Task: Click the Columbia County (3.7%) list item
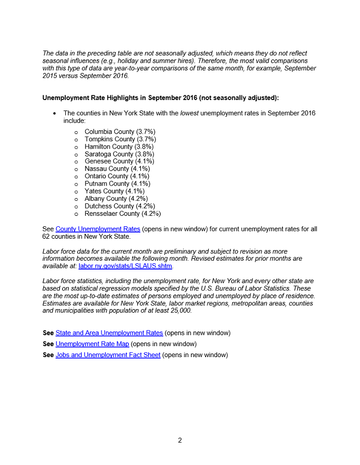pyautogui.click(x=120, y=132)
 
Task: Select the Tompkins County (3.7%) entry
pyautogui.click(x=120, y=139)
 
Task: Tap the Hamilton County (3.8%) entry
pyautogui.click(x=119, y=147)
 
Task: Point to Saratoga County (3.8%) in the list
pyautogui.click(x=119, y=154)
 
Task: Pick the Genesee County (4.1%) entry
pyautogui.click(x=119, y=162)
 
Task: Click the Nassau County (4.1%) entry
pyautogui.click(x=117, y=169)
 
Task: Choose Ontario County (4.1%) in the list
pyautogui.click(x=117, y=176)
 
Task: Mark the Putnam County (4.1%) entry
pyautogui.click(x=117, y=184)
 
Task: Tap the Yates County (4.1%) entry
pyautogui.click(x=114, y=191)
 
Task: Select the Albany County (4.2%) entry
pyautogui.click(x=116, y=199)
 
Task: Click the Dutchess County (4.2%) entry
pyautogui.click(x=119, y=206)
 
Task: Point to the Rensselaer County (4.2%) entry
pyautogui.click(x=123, y=214)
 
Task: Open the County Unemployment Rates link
pyautogui.click(x=98, y=229)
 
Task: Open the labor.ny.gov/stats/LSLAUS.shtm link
pyautogui.click(x=125, y=266)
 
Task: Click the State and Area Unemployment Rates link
pyautogui.click(x=109, y=333)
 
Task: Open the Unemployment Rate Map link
pyautogui.click(x=92, y=344)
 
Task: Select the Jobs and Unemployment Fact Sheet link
pyautogui.click(x=108, y=355)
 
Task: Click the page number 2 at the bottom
pyautogui.click(x=180, y=440)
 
